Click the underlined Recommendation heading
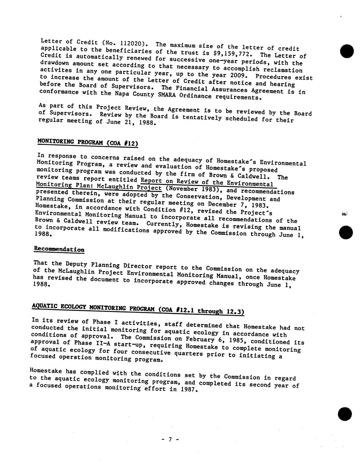[59, 249]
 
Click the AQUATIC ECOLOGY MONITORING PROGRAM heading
[138, 309]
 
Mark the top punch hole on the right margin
[347, 52]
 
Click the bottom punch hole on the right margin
[345, 414]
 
